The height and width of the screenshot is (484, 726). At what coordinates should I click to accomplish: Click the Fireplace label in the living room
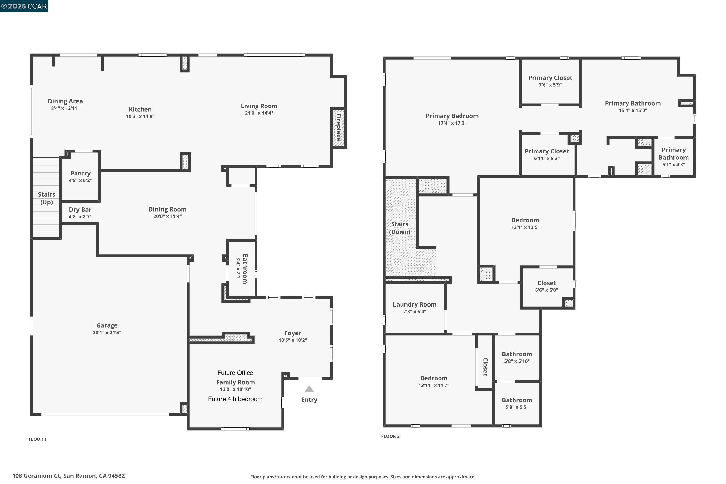(339, 127)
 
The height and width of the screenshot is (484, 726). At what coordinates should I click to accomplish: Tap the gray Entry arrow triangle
(309, 389)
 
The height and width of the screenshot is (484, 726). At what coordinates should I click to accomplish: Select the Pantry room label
(80, 173)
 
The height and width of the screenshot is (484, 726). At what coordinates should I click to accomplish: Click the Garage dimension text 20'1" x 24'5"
(107, 333)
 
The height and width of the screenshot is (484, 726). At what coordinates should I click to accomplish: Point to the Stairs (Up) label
(47, 198)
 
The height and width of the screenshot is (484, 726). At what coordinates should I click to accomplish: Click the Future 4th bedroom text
(235, 399)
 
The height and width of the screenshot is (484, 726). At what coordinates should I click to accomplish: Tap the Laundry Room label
(415, 305)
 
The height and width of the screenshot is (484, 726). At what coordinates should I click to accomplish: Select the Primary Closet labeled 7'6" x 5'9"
(550, 78)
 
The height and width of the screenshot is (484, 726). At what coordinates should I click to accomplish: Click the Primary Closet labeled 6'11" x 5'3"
(546, 151)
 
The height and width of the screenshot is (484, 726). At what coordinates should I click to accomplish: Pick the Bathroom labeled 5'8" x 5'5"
(517, 400)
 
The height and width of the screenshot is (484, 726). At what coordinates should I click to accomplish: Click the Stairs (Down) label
(400, 228)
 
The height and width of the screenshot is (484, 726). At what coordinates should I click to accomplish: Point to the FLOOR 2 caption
(390, 436)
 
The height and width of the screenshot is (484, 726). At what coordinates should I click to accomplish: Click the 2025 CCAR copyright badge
(24, 6)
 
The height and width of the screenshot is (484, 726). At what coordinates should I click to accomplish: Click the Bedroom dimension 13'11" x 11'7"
(434, 385)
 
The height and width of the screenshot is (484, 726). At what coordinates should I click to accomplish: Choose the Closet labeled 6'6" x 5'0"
(546, 283)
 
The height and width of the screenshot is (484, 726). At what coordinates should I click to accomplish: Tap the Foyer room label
(293, 333)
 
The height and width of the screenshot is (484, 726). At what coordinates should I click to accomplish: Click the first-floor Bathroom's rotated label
(245, 269)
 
